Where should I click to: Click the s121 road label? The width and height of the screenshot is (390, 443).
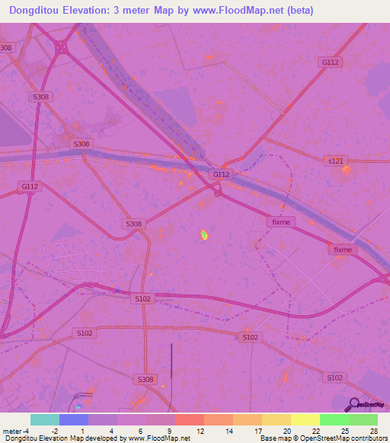pyautogui.click(x=336, y=161)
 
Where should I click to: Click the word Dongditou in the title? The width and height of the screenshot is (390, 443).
pyautogui.click(x=37, y=11)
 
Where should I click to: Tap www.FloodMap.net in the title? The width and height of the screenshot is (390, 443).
pyautogui.click(x=238, y=11)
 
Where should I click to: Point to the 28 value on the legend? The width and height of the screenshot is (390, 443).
pyautogui.click(x=373, y=431)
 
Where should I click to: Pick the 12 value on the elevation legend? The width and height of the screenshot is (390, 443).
pyautogui.click(x=199, y=431)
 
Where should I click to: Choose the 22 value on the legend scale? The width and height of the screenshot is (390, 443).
pyautogui.click(x=315, y=431)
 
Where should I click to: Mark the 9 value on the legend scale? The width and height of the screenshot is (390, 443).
pyautogui.click(x=170, y=431)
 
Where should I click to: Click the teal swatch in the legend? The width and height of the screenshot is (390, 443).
pyautogui.click(x=44, y=419)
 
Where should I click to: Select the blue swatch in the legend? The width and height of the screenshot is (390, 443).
pyautogui.click(x=73, y=419)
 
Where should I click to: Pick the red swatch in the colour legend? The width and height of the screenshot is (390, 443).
pyautogui.click(x=189, y=419)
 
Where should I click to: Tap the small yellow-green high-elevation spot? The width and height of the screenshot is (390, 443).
pyautogui.click(x=204, y=235)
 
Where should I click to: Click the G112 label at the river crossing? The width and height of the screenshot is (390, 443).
pyautogui.click(x=221, y=174)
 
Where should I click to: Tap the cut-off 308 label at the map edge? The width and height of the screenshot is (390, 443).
pyautogui.click(x=7, y=48)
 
